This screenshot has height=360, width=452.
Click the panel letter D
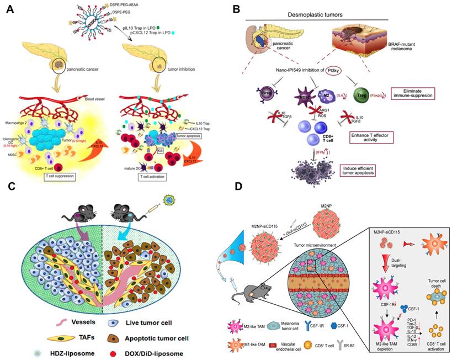[x=238, y=187]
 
